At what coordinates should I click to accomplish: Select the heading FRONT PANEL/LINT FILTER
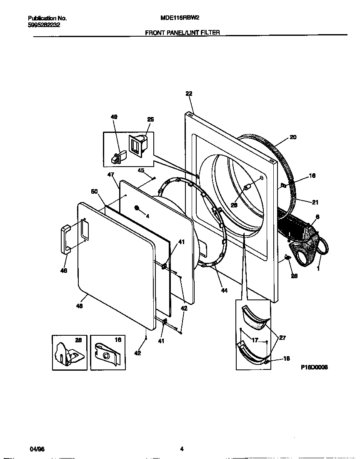[182, 32]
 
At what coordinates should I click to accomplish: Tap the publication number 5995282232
[44, 25]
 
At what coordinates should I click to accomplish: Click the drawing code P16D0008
[314, 367]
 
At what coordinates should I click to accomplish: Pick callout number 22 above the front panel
[189, 94]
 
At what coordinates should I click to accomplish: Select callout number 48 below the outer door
[79, 306]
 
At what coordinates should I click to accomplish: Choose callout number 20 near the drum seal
[293, 137]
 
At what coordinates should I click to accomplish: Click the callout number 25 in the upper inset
[150, 120]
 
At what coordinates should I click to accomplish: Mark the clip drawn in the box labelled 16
[107, 354]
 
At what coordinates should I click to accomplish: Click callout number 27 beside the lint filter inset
[282, 338]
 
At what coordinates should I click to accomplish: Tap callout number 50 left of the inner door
[94, 191]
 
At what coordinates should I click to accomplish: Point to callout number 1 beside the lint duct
[319, 269]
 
